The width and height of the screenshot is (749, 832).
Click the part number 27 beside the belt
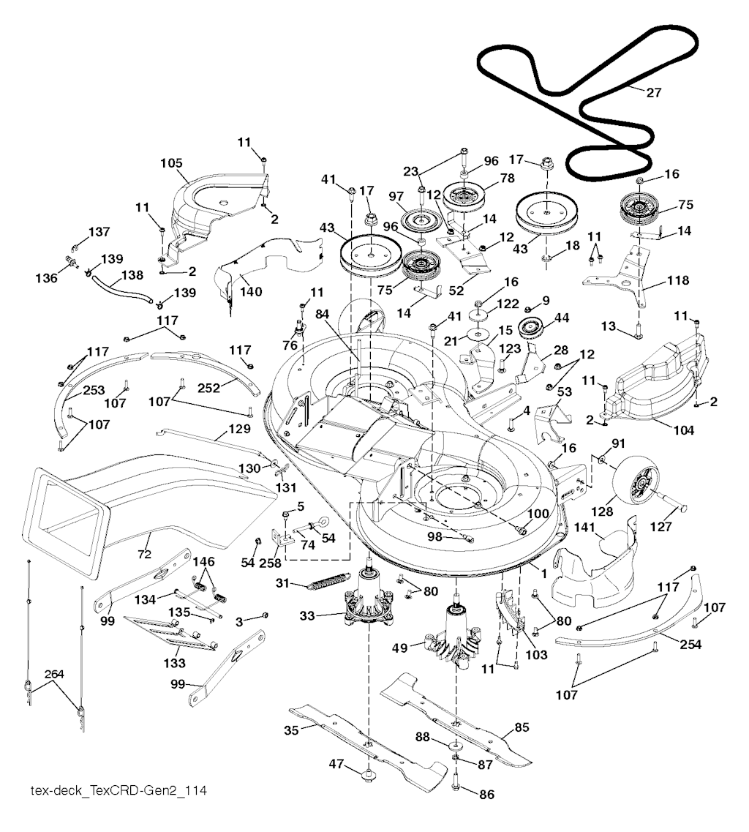tap(654, 91)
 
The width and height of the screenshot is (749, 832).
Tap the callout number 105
tap(172, 162)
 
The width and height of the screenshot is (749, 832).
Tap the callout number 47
tap(336, 763)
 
